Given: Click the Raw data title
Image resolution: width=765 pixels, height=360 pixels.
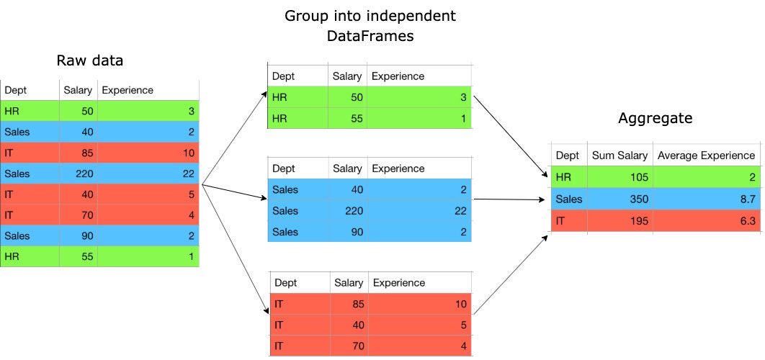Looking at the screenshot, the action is (x=90, y=60).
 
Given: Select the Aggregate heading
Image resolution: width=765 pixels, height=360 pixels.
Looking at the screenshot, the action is (x=656, y=119).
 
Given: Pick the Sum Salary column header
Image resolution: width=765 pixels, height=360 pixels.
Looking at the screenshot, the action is (x=619, y=156).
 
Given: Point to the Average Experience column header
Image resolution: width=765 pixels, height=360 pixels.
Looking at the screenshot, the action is (x=706, y=156).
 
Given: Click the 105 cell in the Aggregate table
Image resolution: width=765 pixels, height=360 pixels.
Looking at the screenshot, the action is (x=639, y=177).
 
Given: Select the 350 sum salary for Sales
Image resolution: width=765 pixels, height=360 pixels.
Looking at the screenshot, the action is (x=639, y=199).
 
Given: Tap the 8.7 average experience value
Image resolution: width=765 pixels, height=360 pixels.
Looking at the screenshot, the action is (x=747, y=199).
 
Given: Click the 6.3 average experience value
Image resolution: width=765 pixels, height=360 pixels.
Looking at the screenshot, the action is (x=747, y=221).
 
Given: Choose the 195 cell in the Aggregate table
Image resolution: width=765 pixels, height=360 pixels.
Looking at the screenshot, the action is (x=639, y=221).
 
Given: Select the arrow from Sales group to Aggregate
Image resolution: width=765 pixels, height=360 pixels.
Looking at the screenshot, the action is (x=509, y=199).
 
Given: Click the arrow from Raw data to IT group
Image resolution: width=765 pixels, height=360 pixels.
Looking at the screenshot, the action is (x=235, y=249).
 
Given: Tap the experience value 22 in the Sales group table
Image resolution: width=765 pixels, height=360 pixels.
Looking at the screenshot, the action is (x=460, y=211).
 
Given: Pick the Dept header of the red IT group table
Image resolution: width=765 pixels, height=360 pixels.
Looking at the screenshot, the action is (x=285, y=283).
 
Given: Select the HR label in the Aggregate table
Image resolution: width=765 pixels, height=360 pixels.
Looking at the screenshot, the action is (x=563, y=177).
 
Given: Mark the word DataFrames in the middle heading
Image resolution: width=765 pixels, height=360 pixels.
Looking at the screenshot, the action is (x=370, y=35).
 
